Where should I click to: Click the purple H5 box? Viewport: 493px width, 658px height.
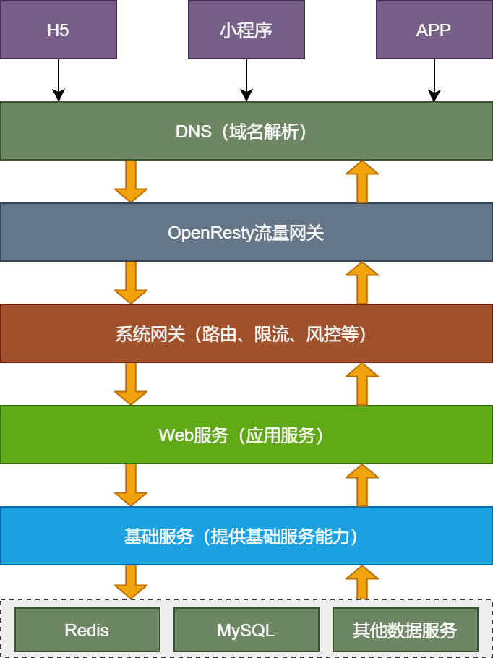(x=58, y=30)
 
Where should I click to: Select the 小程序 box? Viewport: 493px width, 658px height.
(x=246, y=30)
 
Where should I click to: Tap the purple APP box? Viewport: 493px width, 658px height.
(x=434, y=30)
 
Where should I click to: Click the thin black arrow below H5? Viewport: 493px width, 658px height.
(x=59, y=80)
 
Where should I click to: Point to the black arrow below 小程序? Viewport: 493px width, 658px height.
(x=246, y=80)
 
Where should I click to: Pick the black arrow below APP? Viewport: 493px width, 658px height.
(x=434, y=80)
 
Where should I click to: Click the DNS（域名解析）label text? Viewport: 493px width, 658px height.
(x=246, y=132)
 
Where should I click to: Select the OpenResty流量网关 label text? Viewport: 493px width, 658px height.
(x=246, y=233)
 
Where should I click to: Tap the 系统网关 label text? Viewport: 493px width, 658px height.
(x=246, y=334)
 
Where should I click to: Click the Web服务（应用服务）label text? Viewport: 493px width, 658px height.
(x=246, y=435)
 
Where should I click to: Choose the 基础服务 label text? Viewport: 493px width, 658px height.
(x=246, y=537)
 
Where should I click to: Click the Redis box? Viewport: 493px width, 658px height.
(x=87, y=630)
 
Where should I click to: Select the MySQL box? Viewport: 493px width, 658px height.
(x=246, y=630)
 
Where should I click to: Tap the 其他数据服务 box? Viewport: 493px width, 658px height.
(x=405, y=630)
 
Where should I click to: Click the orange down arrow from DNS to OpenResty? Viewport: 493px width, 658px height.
(x=131, y=181)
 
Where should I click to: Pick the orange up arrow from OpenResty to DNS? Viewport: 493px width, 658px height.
(x=362, y=181)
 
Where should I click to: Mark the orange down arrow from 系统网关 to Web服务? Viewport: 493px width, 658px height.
(x=131, y=384)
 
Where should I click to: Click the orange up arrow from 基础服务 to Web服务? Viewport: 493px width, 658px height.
(x=362, y=485)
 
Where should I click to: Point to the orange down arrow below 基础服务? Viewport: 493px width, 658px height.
(x=131, y=582)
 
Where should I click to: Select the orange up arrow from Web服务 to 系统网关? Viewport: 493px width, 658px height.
(x=362, y=384)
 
